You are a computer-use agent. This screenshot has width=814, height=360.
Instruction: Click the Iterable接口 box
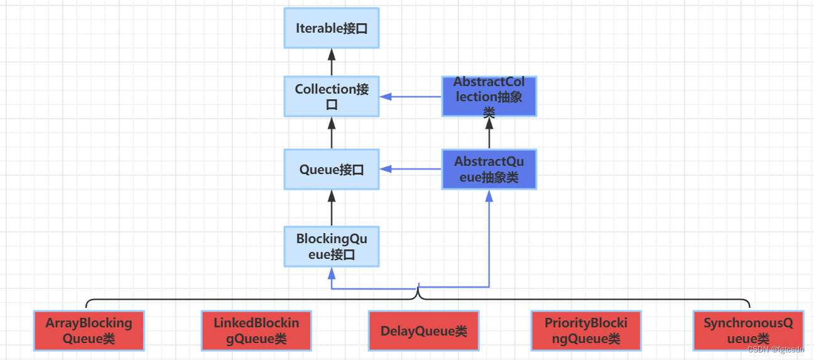click(x=332, y=28)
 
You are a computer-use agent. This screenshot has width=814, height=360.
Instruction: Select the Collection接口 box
click(x=332, y=97)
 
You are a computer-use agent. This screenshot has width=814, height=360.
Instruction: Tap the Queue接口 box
click(x=332, y=169)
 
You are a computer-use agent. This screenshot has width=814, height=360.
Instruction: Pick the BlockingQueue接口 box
click(x=332, y=247)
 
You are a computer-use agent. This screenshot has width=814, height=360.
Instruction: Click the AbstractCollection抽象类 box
click(x=489, y=97)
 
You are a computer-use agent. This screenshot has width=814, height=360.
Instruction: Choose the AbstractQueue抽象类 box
click(x=489, y=169)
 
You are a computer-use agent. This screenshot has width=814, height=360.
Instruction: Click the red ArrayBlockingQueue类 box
click(x=89, y=330)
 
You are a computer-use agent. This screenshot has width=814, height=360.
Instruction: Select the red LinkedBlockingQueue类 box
click(x=256, y=330)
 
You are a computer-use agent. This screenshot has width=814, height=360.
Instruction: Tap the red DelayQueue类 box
click(x=423, y=330)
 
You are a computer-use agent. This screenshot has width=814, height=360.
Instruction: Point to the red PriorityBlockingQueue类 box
click(x=585, y=330)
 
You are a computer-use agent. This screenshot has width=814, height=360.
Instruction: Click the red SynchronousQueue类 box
click(x=747, y=330)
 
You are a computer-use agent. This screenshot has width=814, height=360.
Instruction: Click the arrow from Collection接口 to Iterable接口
click(x=332, y=62)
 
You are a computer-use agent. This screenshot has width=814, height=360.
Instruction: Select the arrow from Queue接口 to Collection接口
click(x=332, y=133)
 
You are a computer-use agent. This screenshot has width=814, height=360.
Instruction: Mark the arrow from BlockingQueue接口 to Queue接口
click(x=332, y=207)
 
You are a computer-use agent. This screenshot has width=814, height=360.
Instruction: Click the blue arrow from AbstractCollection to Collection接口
click(x=411, y=97)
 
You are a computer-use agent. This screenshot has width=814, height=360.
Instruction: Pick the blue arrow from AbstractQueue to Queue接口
click(x=411, y=169)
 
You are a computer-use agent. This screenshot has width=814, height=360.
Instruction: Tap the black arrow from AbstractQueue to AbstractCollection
click(x=489, y=133)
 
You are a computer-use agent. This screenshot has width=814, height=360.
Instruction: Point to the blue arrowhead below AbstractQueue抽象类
click(x=489, y=195)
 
